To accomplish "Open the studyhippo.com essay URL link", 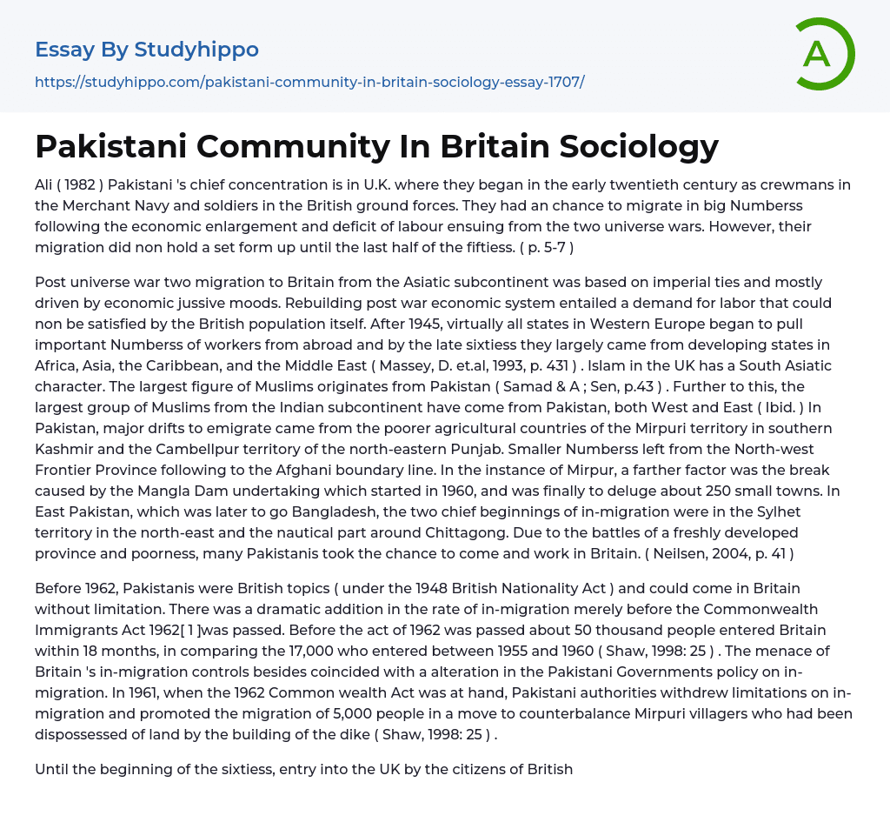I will pos(309,82).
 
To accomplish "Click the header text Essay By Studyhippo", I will pos(147,50).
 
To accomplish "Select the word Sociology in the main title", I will pos(639,146).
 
